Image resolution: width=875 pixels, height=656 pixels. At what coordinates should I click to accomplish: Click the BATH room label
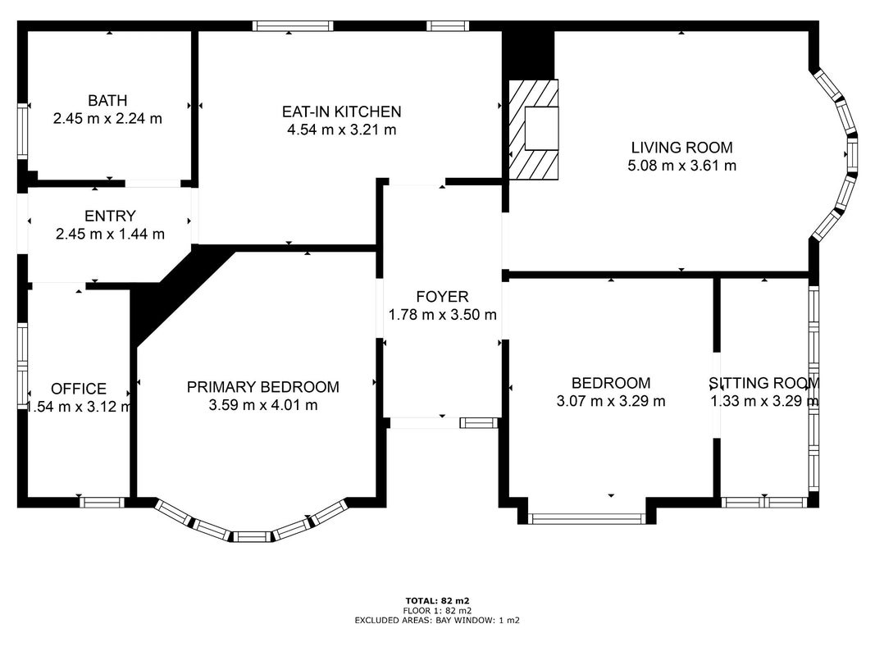pyautogui.click(x=107, y=100)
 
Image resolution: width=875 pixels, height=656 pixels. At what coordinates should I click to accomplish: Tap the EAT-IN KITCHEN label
pyautogui.click(x=341, y=112)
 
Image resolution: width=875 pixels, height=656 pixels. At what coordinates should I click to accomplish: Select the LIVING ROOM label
pyautogui.click(x=682, y=148)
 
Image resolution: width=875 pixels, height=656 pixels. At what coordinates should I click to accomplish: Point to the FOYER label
pyautogui.click(x=443, y=296)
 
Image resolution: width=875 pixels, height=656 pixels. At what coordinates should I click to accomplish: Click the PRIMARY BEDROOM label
pyautogui.click(x=263, y=386)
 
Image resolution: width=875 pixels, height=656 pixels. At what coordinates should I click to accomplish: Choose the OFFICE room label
pyautogui.click(x=79, y=388)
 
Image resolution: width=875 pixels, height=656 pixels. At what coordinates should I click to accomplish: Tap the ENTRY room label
pyautogui.click(x=110, y=216)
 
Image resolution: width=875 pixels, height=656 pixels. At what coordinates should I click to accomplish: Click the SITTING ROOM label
pyautogui.click(x=764, y=383)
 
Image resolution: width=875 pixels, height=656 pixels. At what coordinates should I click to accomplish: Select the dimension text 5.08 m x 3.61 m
pyautogui.click(x=682, y=165)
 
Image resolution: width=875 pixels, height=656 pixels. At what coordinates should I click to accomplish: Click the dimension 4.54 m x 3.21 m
pyautogui.click(x=341, y=130)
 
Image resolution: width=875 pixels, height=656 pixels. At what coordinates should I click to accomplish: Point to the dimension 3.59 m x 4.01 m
pyautogui.click(x=263, y=404)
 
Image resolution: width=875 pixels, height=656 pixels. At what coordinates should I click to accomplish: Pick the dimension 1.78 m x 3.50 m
pyautogui.click(x=443, y=314)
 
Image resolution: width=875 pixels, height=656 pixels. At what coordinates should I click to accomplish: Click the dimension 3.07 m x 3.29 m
pyautogui.click(x=611, y=400)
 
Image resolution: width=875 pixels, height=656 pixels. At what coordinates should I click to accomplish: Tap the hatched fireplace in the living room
pyautogui.click(x=534, y=130)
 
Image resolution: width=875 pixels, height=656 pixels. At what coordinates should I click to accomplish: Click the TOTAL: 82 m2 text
pyautogui.click(x=438, y=601)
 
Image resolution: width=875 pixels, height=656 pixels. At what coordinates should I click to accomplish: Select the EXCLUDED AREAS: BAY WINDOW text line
pyautogui.click(x=438, y=620)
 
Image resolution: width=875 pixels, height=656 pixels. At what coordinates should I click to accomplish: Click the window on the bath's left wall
pyautogui.click(x=22, y=131)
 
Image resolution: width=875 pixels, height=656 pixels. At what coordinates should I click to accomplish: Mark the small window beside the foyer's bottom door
pyautogui.click(x=478, y=423)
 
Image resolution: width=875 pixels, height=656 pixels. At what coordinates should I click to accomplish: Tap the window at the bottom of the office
pyautogui.click(x=102, y=502)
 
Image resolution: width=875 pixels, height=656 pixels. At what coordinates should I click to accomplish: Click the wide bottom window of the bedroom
pyautogui.click(x=586, y=519)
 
